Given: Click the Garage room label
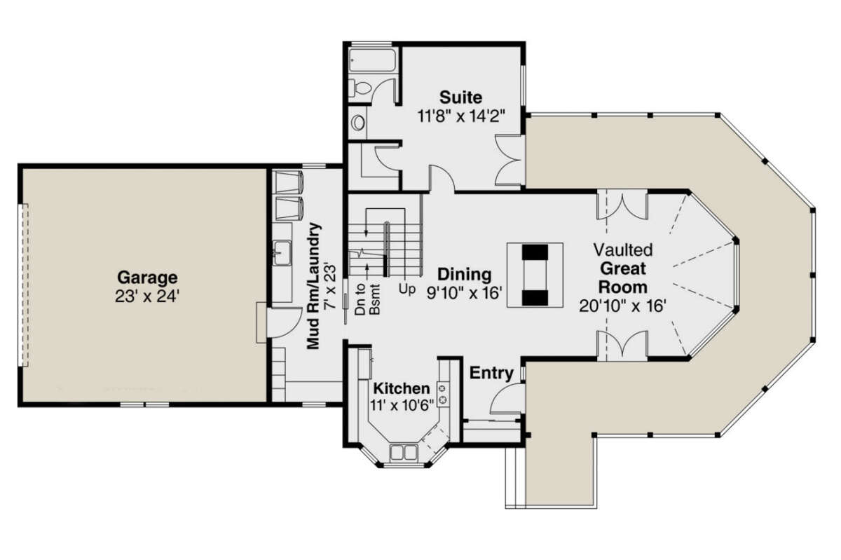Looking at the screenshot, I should tap(147, 277).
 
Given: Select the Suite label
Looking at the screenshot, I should tap(460, 97).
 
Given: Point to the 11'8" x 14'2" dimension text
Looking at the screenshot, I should tap(460, 116).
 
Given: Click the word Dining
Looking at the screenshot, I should tap(465, 274).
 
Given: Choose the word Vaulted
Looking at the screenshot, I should tap(623, 250).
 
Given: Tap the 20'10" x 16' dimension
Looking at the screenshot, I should tap(622, 306).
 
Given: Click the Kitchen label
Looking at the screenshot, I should tap(401, 388).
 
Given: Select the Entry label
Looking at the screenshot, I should tap(491, 373).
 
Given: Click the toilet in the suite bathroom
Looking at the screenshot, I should tap(362, 90).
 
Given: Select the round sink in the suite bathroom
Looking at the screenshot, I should tap(358, 123).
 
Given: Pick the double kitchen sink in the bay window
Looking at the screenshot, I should tap(404, 453).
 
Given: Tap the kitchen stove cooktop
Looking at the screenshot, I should tap(443, 393).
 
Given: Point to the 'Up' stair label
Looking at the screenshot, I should tap(404, 288).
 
